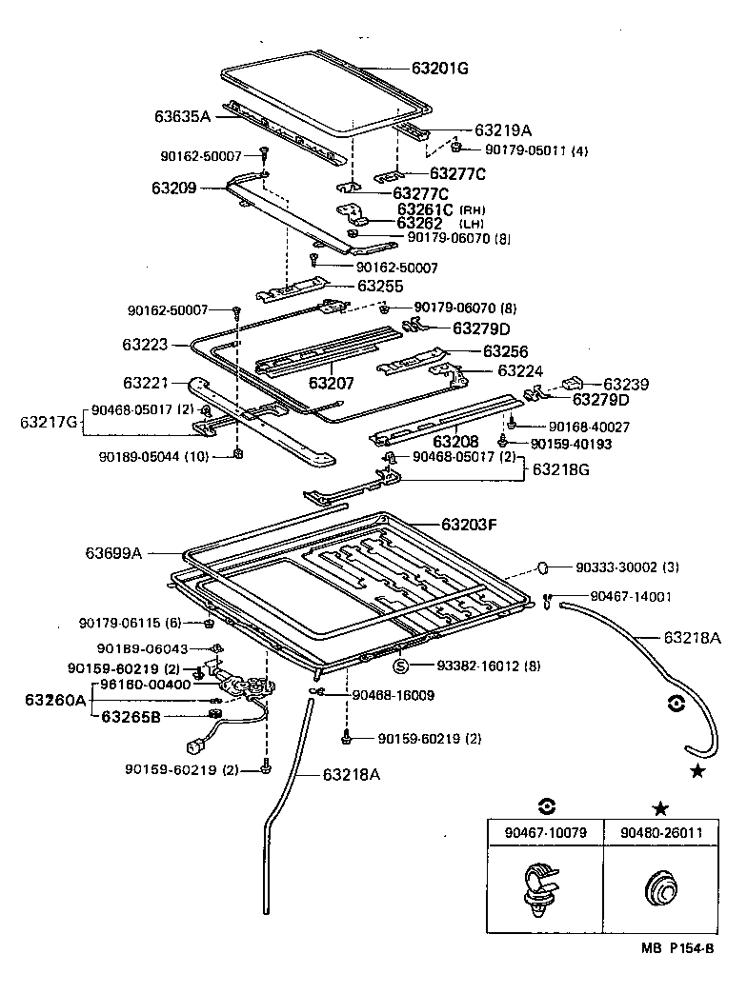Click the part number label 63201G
click(440, 69)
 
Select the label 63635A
click(182, 116)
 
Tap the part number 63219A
click(503, 130)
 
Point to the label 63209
click(172, 189)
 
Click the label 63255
click(380, 286)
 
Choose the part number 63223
click(145, 344)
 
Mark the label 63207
click(331, 384)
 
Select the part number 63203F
click(470, 525)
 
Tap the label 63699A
click(113, 552)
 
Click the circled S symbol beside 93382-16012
click(401, 665)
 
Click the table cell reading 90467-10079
click(543, 832)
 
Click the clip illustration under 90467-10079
click(540, 889)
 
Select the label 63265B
click(132, 716)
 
